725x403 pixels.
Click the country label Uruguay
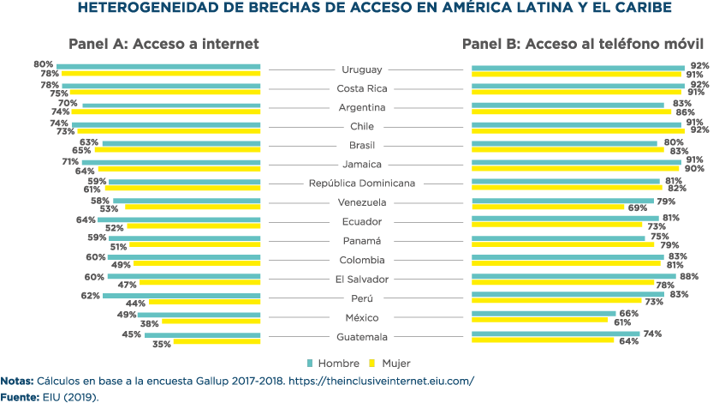361,69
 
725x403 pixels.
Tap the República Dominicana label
361,183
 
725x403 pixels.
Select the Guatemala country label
361,337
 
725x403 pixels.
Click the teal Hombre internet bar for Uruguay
158,66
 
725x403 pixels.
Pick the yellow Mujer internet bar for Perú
205,303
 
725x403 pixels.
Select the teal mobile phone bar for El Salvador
573,276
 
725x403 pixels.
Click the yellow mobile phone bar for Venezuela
548,207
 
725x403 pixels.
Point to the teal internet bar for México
199,315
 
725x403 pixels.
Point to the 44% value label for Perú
135,304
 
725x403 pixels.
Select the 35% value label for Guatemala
161,343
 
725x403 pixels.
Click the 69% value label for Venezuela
638,208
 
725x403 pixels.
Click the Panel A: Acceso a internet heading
163,44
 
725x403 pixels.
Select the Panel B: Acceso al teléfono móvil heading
583,44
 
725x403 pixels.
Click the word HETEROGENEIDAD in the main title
146,9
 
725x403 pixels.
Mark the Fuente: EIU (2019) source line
51,397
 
